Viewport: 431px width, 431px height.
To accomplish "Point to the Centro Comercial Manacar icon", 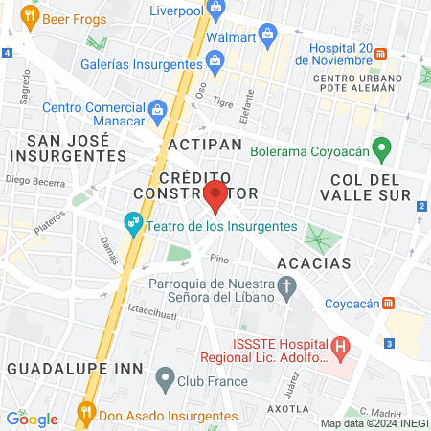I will tap(158, 110).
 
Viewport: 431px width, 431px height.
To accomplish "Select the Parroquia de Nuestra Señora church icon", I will tap(285, 285).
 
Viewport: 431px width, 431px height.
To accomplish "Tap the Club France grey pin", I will tap(166, 380).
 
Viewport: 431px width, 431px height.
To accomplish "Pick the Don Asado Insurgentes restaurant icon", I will tap(85, 416).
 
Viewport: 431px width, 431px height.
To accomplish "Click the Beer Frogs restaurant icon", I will tap(30, 16).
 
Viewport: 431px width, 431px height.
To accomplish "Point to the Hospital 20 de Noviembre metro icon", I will tap(380, 54).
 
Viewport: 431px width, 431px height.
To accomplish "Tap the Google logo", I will tap(32, 419).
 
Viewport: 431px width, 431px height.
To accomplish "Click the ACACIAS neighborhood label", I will tap(313, 262).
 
